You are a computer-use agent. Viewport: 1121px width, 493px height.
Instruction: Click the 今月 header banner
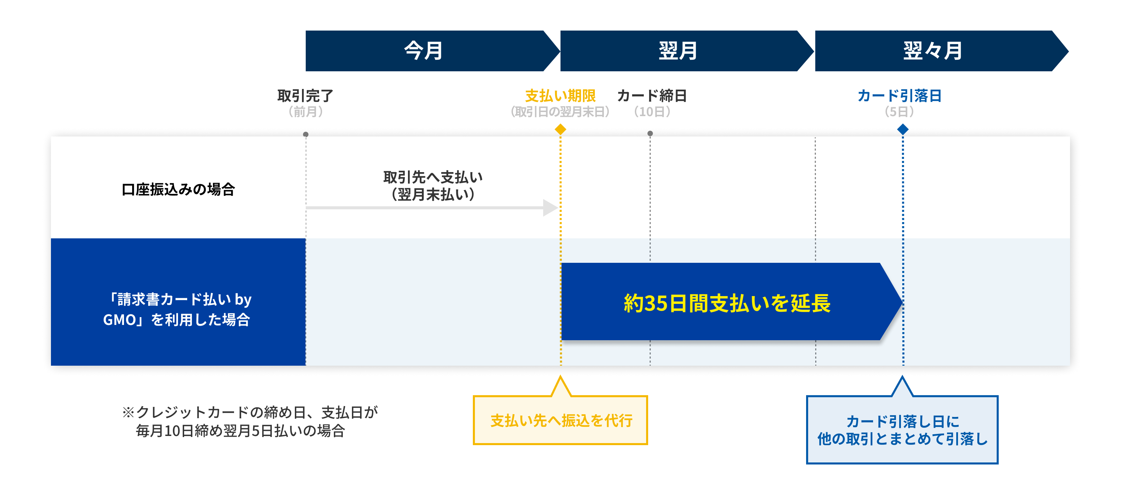[424, 51]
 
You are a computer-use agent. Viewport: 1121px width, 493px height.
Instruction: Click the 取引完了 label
[305, 96]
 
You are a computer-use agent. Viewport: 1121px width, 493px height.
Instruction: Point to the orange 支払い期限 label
[560, 96]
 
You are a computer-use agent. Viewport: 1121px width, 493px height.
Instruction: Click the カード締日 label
[652, 96]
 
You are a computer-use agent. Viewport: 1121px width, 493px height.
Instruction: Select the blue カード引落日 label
[900, 96]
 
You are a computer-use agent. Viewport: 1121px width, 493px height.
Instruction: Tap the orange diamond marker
[560, 129]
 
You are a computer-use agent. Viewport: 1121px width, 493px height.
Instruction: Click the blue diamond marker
[903, 129]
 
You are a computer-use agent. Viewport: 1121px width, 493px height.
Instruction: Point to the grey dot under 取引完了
[306, 134]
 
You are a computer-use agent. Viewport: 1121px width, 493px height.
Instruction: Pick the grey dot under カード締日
[650, 133]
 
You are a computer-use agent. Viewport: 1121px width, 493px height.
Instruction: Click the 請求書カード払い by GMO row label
[178, 309]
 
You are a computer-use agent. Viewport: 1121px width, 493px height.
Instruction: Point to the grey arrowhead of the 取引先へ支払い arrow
[550, 207]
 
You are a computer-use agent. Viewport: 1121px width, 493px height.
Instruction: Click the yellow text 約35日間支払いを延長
[727, 303]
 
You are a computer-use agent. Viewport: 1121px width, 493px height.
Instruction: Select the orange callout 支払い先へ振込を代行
[561, 420]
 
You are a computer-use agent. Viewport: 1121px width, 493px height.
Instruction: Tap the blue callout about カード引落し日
[902, 430]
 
